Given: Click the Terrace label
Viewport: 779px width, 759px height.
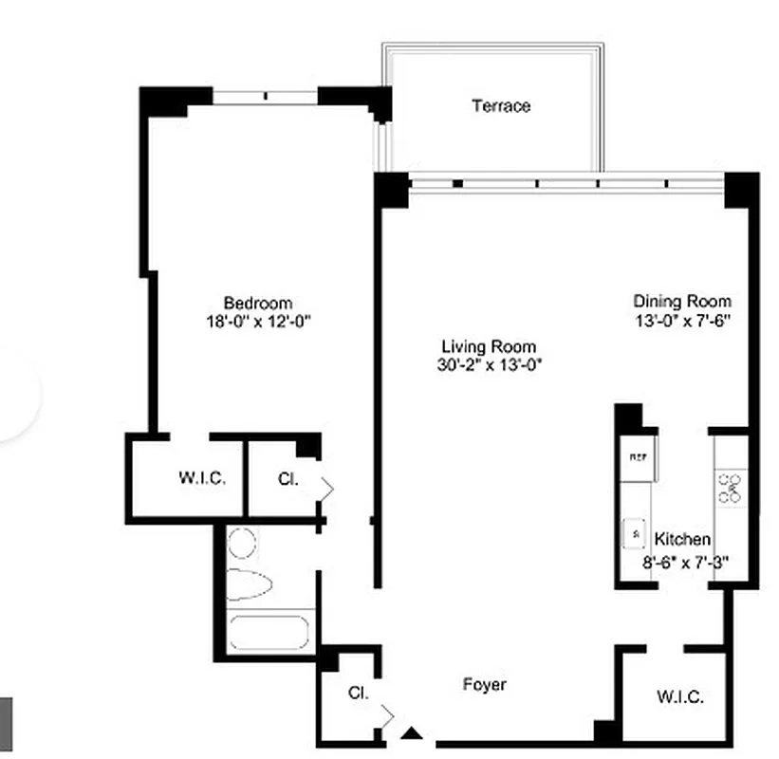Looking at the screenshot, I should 501,106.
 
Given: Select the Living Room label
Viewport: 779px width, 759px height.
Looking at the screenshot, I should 489,346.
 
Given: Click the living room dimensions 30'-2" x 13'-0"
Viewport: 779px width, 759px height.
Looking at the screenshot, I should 489,364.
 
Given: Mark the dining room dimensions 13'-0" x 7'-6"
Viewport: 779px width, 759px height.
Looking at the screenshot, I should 681,320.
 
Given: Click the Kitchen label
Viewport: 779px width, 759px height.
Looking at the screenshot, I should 682,539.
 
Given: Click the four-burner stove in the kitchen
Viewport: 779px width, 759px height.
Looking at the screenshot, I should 730,487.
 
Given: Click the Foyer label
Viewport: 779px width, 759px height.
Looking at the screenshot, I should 484,684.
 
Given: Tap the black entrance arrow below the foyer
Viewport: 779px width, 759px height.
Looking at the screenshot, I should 411,732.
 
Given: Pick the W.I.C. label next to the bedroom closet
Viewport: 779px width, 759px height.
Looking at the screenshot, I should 202,478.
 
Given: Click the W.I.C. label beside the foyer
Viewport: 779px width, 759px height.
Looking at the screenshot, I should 680,697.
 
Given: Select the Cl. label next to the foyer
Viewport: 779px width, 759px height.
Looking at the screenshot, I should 357,694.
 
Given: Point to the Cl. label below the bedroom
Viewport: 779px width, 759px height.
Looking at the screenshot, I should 287,479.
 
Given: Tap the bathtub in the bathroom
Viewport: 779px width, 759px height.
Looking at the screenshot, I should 269,633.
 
